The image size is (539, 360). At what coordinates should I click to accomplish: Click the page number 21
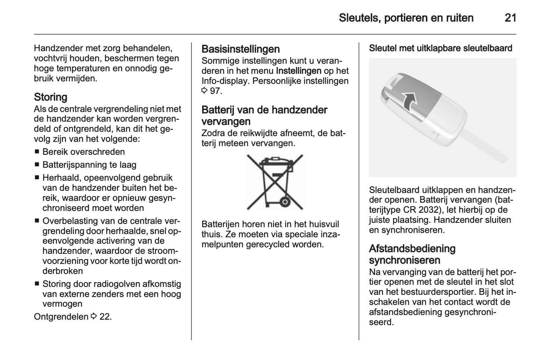click(x=510, y=18)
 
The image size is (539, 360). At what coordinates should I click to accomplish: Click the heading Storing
click(x=50, y=97)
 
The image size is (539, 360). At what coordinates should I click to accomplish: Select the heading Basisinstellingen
click(x=240, y=49)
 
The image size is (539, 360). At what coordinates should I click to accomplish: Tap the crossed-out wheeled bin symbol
click(x=275, y=182)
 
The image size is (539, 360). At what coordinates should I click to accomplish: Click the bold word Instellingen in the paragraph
click(x=298, y=71)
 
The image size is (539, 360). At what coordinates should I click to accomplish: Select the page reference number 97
click(x=216, y=91)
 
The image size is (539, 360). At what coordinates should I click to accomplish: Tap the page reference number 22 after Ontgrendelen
click(x=105, y=317)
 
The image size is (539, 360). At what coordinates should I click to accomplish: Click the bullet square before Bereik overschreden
click(x=37, y=152)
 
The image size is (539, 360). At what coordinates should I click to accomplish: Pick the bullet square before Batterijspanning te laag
click(x=37, y=165)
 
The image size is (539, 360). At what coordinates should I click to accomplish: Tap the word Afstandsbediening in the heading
click(x=412, y=249)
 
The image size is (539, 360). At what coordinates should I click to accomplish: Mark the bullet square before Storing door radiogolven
click(x=37, y=284)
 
